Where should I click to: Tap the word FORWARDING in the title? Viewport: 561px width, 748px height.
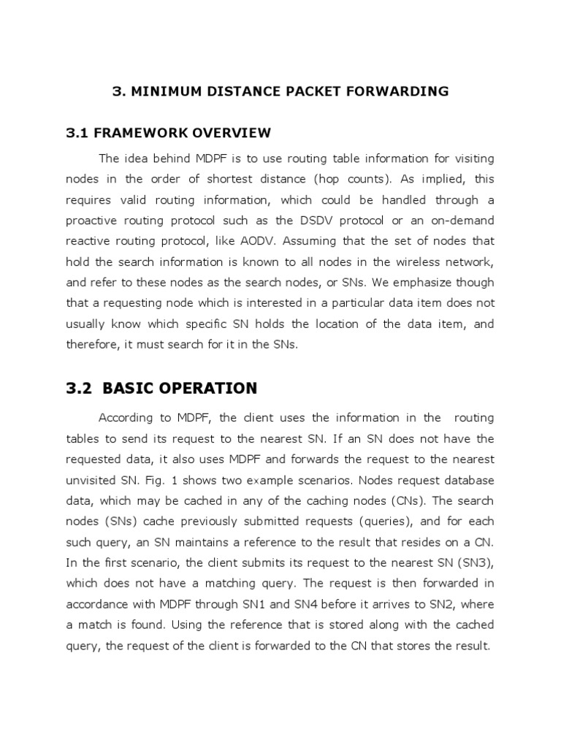(x=404, y=91)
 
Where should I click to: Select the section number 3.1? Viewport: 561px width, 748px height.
(x=77, y=133)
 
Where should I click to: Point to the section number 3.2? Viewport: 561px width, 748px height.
(x=80, y=388)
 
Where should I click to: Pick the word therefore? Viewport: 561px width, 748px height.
(x=91, y=345)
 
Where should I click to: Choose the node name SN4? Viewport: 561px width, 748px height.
(x=307, y=583)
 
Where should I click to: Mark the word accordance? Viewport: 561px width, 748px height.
(x=97, y=583)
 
